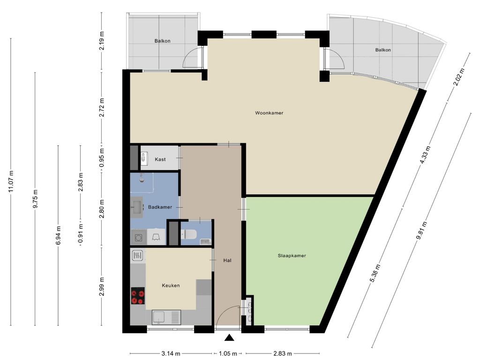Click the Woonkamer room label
click(x=269, y=113)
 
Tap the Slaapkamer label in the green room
click(x=292, y=255)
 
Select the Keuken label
click(x=171, y=285)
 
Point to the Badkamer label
click(x=160, y=207)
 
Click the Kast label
click(x=160, y=159)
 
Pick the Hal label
click(x=227, y=261)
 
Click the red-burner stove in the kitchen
click(x=138, y=296)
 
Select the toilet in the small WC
click(x=189, y=235)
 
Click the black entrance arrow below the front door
click(x=229, y=337)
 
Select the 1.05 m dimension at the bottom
click(x=228, y=354)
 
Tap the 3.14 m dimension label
click(x=171, y=354)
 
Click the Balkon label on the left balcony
click(x=162, y=41)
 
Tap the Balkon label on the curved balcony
click(x=383, y=50)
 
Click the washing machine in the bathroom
click(x=138, y=237)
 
